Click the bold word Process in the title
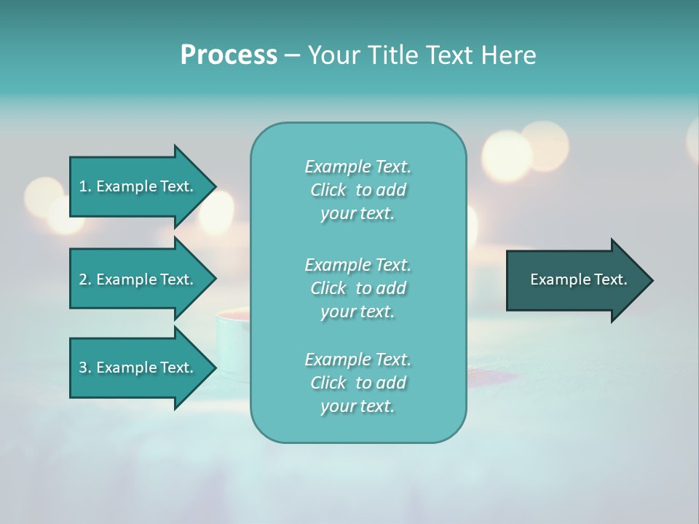pos(229,55)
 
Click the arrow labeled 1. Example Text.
pos(138,186)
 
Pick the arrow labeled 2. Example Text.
pos(138,279)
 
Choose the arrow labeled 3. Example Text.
pos(138,368)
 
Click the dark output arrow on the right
pos(575,279)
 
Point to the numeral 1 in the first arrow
pos(83,186)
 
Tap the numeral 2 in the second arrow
pos(83,279)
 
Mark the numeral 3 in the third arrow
pos(83,368)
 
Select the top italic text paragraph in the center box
pos(358,190)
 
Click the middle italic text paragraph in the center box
pos(358,288)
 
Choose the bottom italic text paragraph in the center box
pos(358,383)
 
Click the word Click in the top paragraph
pos(328,190)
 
